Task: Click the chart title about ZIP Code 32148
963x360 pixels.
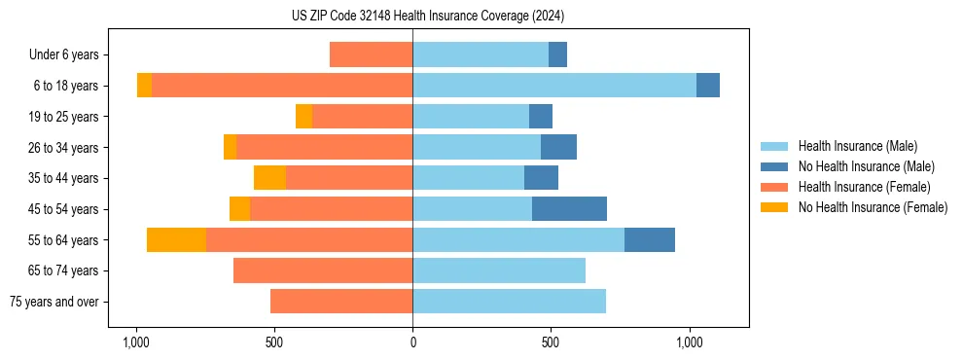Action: click(x=427, y=16)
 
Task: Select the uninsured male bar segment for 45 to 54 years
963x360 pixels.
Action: click(x=569, y=209)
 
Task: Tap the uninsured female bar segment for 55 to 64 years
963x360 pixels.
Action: click(x=176, y=240)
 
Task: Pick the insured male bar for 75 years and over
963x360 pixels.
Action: click(x=509, y=302)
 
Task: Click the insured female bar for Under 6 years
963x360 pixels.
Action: click(x=371, y=54)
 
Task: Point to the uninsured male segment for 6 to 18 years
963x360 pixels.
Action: click(x=708, y=86)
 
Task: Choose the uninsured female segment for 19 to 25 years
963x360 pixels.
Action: click(x=303, y=117)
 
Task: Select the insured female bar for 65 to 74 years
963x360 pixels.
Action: click(x=323, y=270)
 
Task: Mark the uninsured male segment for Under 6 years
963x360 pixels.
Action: click(x=557, y=54)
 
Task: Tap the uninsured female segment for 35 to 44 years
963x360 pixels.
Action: click(x=269, y=178)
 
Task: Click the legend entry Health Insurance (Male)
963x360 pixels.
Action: click(x=857, y=146)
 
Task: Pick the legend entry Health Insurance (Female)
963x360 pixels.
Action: click(x=864, y=187)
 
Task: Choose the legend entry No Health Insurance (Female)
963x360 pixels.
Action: click(x=873, y=207)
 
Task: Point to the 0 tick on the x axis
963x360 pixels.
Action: click(x=412, y=342)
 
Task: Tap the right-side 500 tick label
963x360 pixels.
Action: click(x=551, y=342)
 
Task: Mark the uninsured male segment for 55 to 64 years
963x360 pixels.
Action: click(x=650, y=240)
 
